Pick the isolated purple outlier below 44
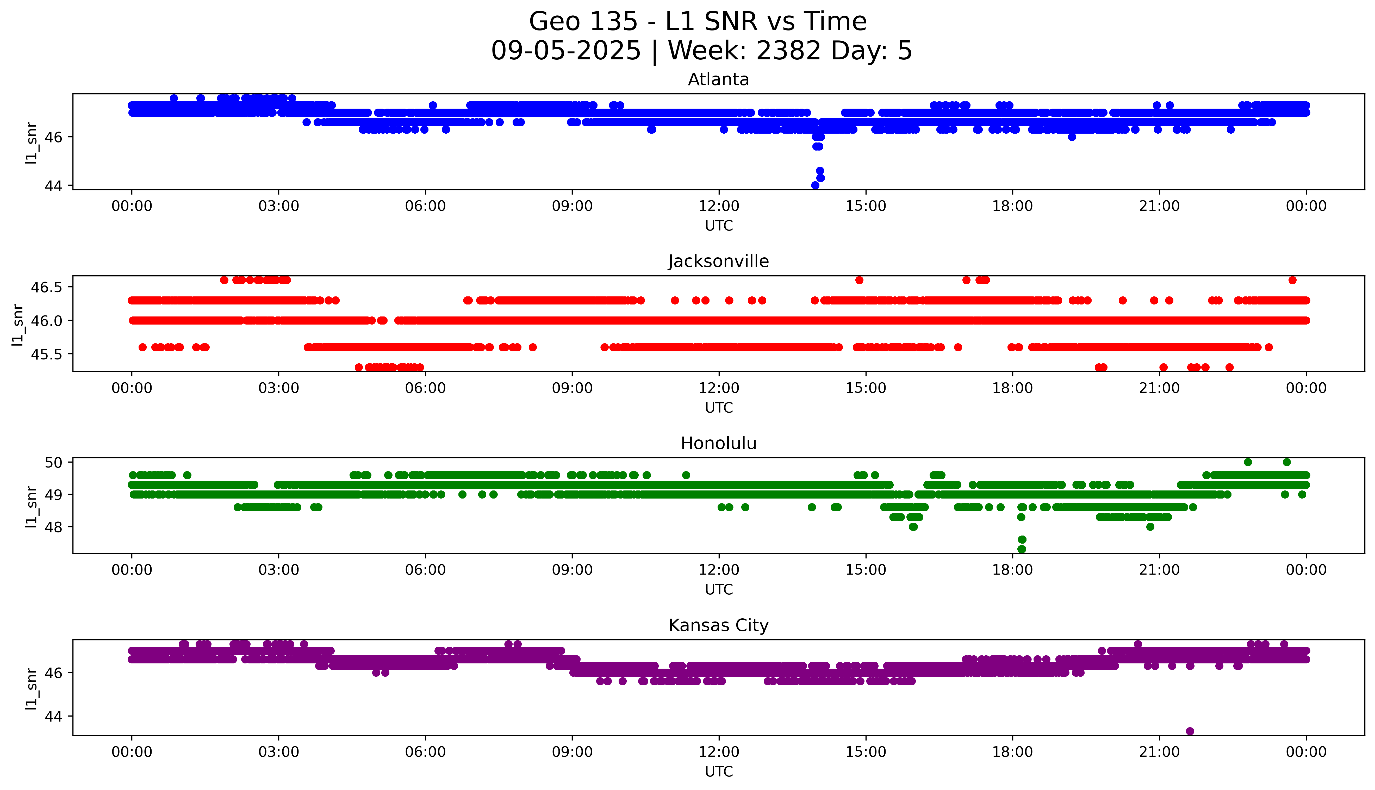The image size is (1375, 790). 1190,731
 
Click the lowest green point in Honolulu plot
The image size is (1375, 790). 1021,549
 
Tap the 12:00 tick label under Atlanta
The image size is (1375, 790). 719,206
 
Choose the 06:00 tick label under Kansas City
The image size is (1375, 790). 425,752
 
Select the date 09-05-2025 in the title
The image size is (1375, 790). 566,51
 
